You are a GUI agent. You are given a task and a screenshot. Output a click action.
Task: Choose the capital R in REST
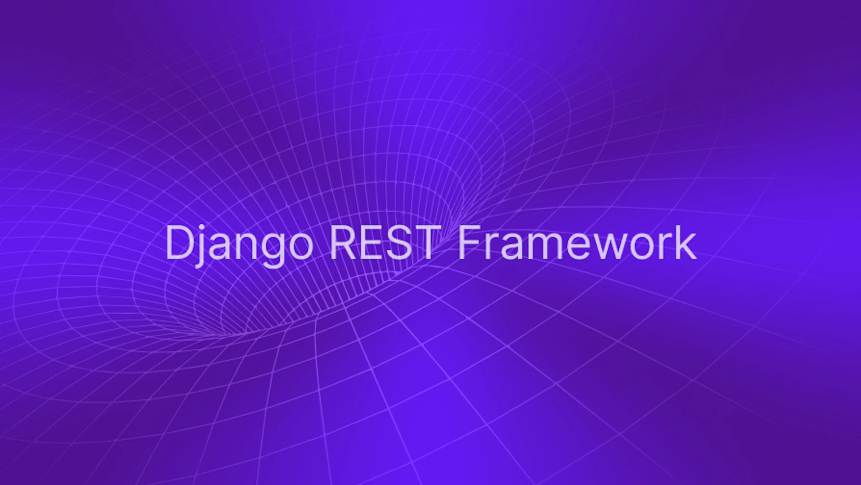click(342, 242)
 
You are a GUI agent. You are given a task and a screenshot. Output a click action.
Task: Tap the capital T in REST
click(427, 242)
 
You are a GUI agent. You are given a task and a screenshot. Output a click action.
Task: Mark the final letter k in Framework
click(686, 242)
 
